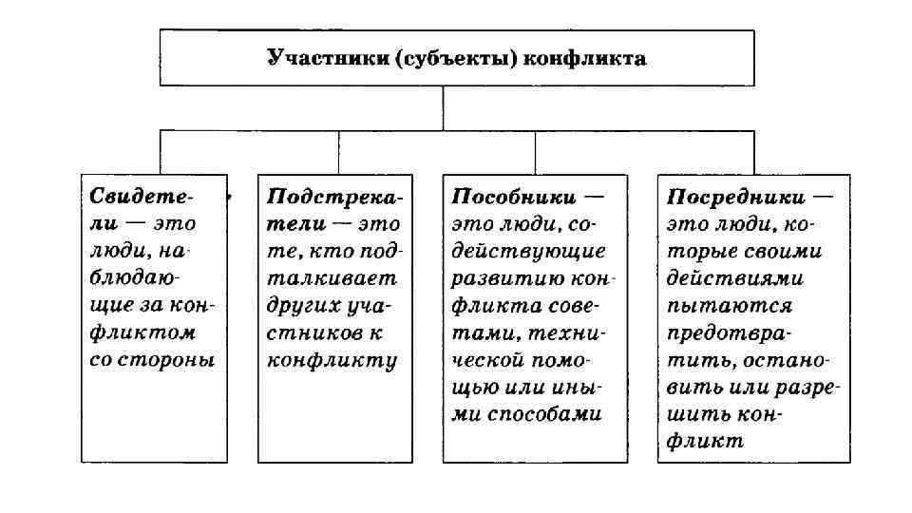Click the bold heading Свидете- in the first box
[x=142, y=197]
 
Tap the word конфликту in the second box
[x=332, y=360]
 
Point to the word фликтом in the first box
[x=142, y=332]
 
